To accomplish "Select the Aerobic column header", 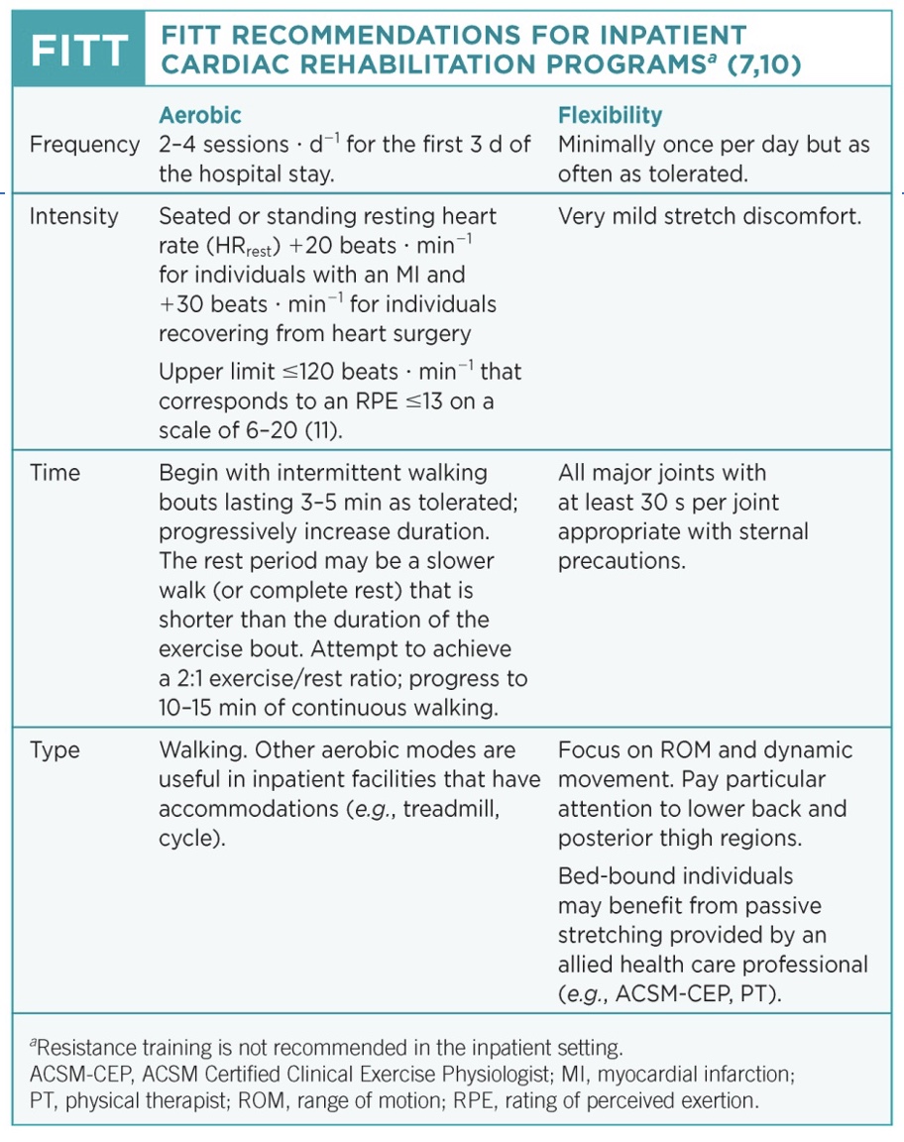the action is (200, 116).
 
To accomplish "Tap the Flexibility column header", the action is (611, 116).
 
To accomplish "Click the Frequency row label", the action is (85, 145).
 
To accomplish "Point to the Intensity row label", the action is (74, 216).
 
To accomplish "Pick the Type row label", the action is (54, 750).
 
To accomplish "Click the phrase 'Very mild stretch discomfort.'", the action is (710, 216).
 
